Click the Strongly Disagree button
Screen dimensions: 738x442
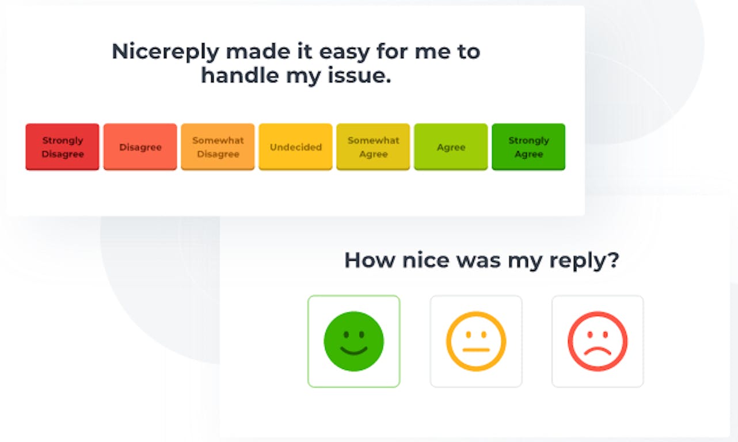[x=62, y=147]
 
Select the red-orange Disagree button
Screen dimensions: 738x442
[x=140, y=147]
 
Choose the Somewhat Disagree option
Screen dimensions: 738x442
[x=218, y=147]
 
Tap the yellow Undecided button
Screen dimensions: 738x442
[x=295, y=147]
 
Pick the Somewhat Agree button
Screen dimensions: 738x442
[x=373, y=147]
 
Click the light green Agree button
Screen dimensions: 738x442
[x=451, y=147]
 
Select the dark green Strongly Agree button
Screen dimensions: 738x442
[x=528, y=147]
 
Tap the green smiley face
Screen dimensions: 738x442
[x=354, y=341]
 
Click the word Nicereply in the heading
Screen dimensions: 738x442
[x=165, y=52]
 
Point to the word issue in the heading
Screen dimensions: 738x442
[x=359, y=75]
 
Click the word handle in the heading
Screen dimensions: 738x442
[x=240, y=75]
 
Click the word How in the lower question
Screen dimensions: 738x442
[x=370, y=260]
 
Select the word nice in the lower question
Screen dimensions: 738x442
[x=425, y=260]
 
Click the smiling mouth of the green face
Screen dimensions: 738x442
[x=354, y=351]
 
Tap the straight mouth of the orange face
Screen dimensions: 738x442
[x=476, y=350]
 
